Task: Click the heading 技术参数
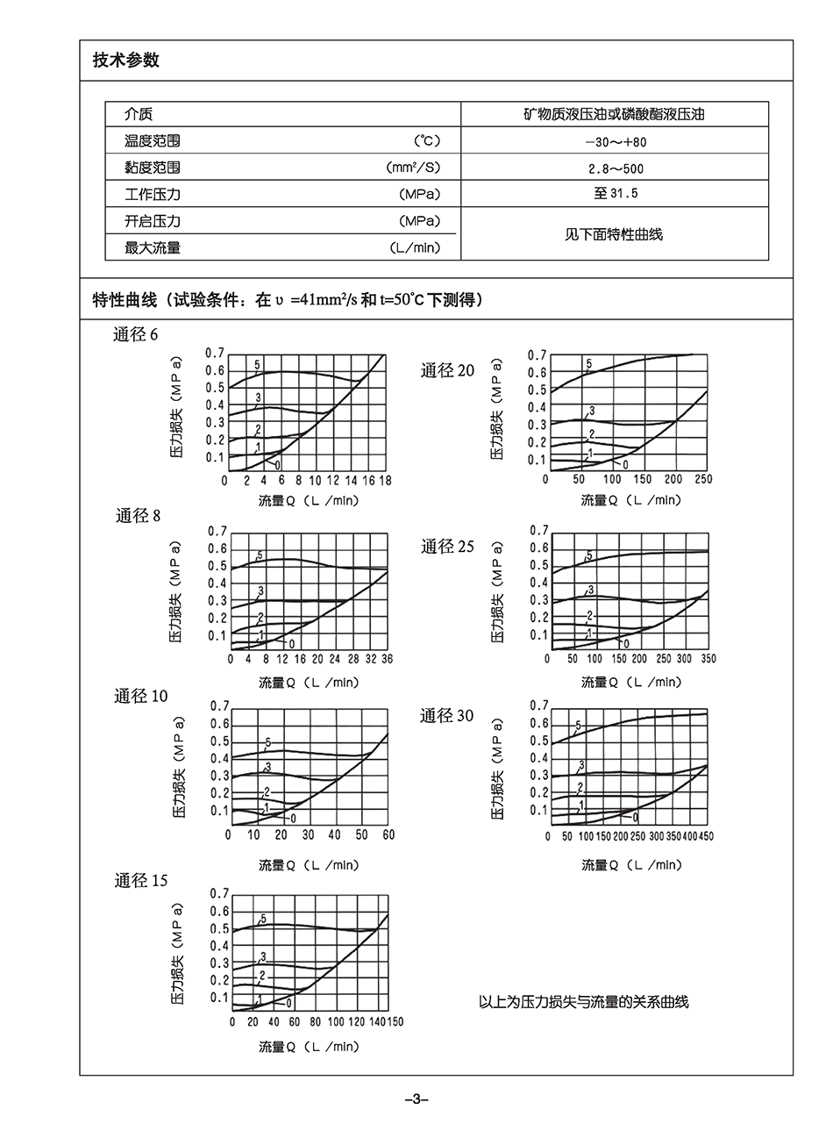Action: point(126,61)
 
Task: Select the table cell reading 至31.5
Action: point(614,194)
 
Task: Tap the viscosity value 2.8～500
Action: point(614,168)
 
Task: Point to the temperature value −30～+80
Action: point(614,141)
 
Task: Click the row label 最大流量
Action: point(153,248)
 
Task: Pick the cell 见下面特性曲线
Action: point(614,234)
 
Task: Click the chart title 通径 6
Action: point(136,334)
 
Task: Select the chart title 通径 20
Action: point(447,371)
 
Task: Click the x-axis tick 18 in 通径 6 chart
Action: point(385,481)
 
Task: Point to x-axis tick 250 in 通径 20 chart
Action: point(703,479)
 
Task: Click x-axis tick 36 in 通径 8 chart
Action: point(387,659)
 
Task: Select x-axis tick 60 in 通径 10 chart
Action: point(388,835)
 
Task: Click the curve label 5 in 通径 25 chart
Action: point(589,555)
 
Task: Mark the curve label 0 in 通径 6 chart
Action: point(278,464)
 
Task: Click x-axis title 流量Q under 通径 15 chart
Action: point(309,1047)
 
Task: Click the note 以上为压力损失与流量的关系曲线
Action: point(584,1002)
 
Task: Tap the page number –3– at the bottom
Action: point(416,1099)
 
